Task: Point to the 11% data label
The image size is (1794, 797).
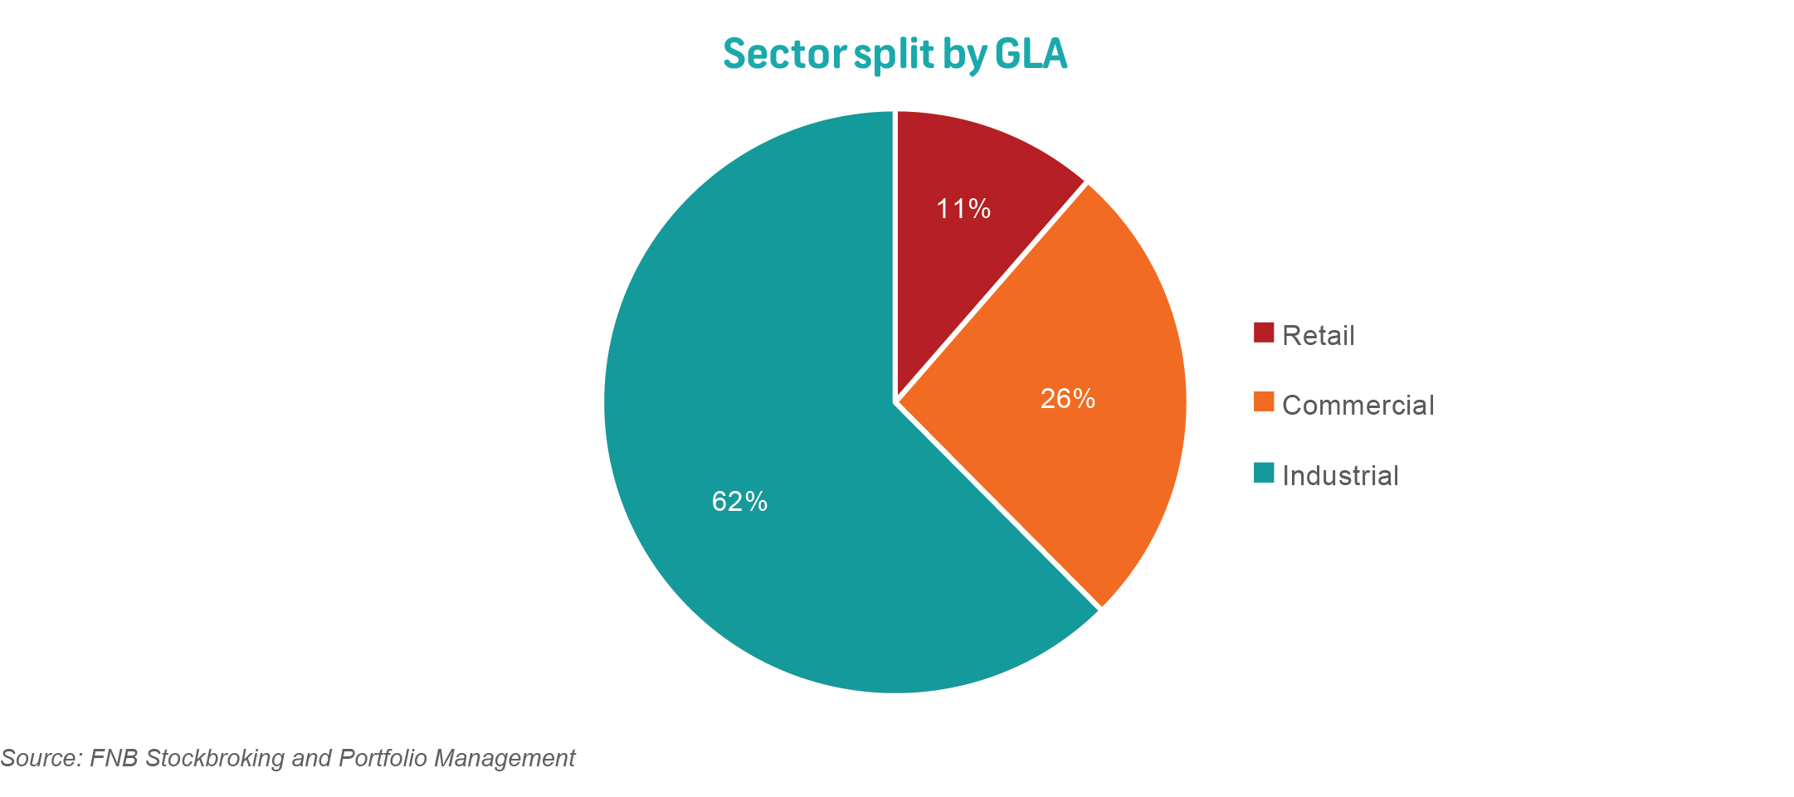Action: click(963, 209)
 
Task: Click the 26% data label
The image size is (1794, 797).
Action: click(1067, 400)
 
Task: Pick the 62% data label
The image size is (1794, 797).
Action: click(739, 502)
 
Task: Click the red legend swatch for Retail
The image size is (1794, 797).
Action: click(1263, 333)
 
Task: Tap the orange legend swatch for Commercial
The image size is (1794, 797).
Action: click(1263, 402)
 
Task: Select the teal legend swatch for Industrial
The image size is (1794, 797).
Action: click(1263, 473)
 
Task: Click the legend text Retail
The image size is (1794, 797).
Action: click(1318, 336)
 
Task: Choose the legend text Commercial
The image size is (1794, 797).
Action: click(1358, 406)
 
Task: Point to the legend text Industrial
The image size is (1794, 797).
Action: click(1340, 476)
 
